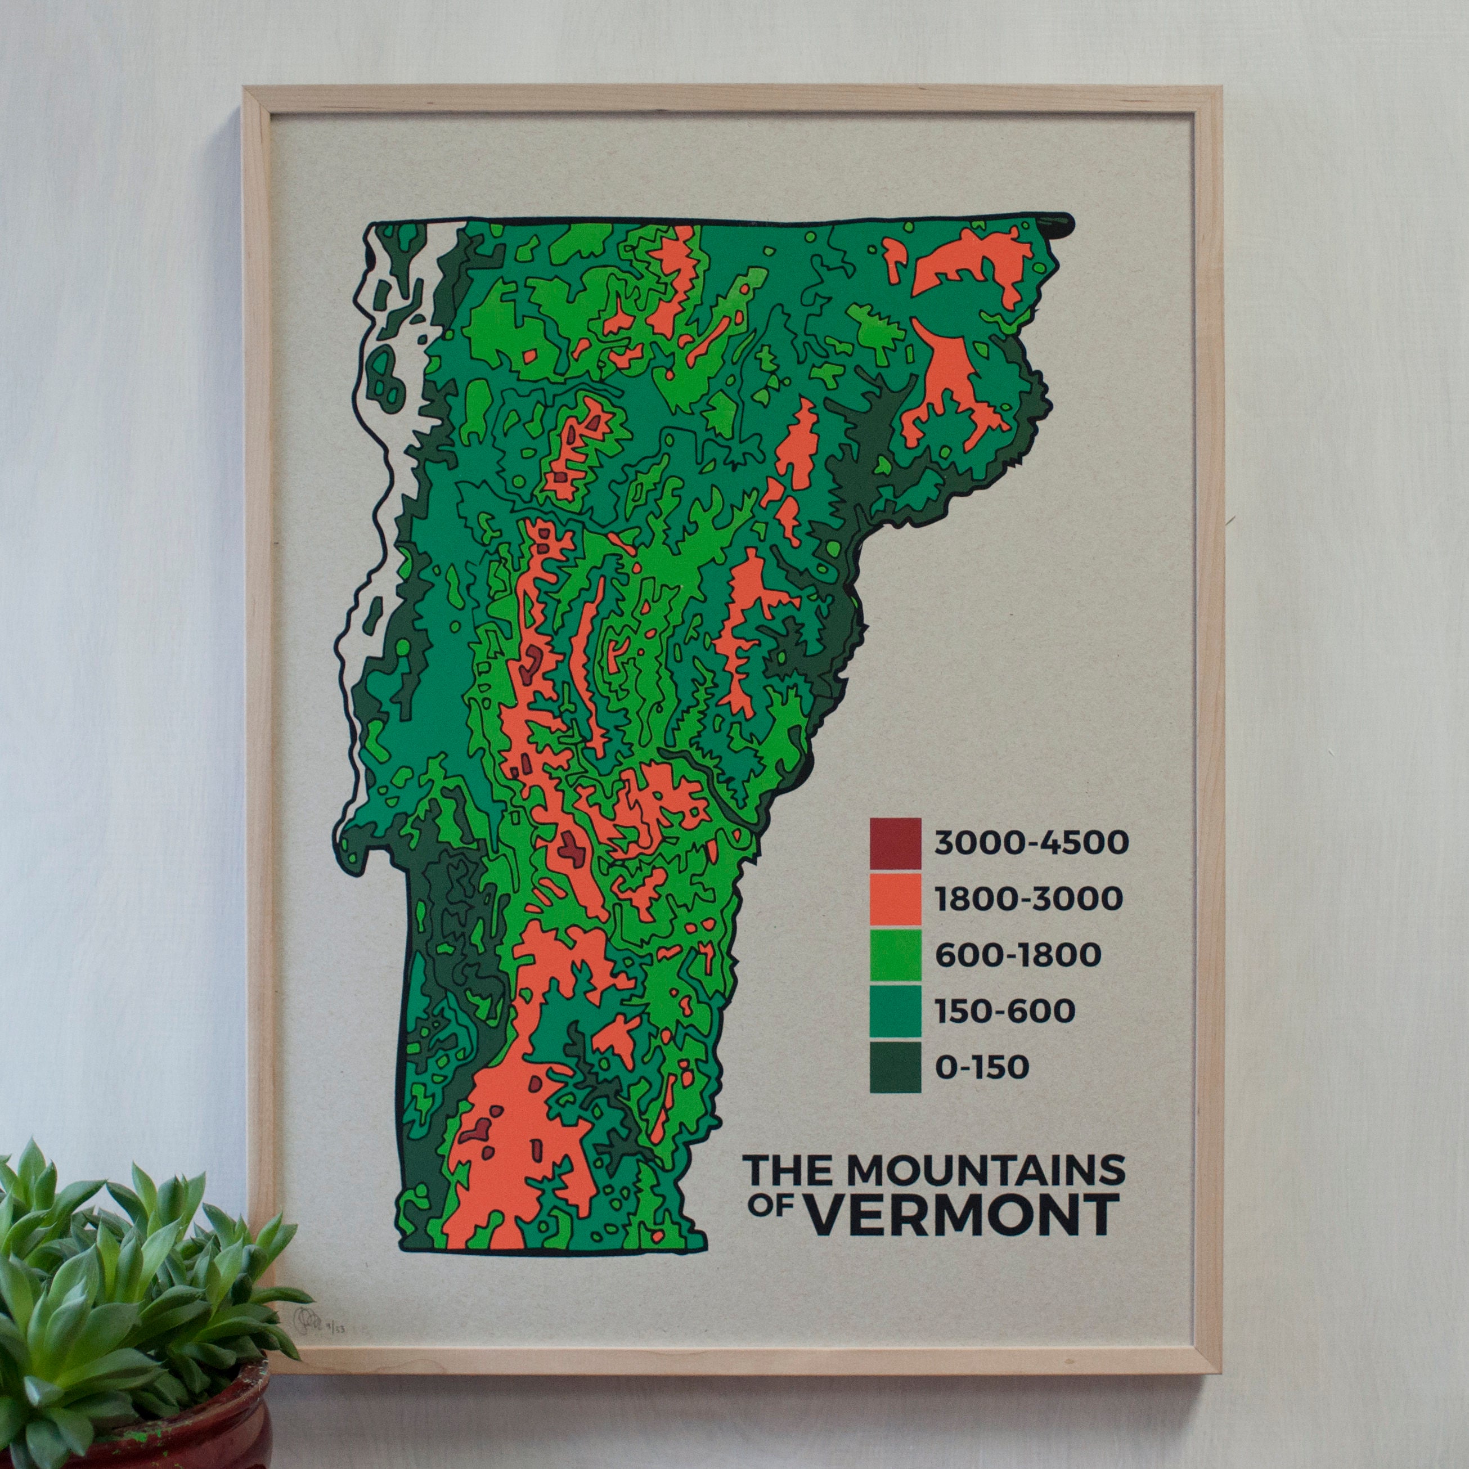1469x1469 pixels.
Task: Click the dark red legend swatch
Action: click(x=896, y=843)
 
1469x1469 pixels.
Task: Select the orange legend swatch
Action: click(x=896, y=899)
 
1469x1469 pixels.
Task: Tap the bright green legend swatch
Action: click(x=896, y=955)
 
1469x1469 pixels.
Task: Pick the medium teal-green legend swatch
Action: click(x=896, y=1010)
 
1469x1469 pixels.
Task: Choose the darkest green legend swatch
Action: click(x=896, y=1067)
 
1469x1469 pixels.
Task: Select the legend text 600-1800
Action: click(x=1017, y=955)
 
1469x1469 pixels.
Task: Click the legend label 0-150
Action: click(x=982, y=1067)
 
